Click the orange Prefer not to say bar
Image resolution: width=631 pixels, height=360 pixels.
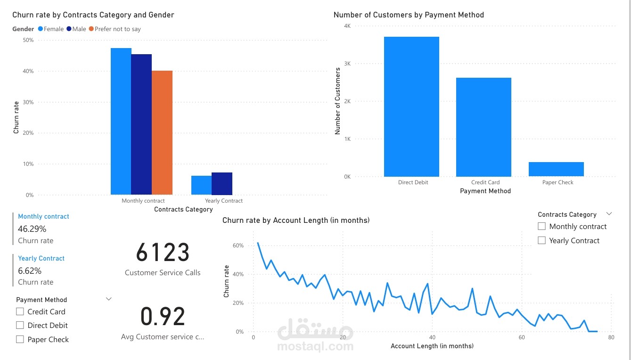click(162, 132)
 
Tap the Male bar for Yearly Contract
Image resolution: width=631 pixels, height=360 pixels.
click(221, 183)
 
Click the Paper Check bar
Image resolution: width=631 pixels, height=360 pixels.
click(556, 169)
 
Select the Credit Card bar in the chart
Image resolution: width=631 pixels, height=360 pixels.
click(483, 127)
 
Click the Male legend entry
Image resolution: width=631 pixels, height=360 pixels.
click(76, 29)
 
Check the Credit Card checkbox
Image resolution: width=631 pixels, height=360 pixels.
click(20, 311)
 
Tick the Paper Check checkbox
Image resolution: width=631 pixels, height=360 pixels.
click(20, 339)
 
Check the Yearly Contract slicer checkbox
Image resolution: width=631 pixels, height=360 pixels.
click(541, 240)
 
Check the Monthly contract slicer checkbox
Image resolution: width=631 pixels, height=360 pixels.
click(541, 227)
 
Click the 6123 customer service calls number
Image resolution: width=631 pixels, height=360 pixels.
click(163, 253)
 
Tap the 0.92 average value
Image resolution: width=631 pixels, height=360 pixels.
click(163, 317)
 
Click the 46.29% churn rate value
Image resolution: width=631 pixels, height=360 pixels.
click(32, 229)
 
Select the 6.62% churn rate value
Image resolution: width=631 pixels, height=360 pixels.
click(30, 271)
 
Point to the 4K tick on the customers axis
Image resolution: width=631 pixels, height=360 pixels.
click(347, 26)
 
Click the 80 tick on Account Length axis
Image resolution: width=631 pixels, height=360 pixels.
click(611, 337)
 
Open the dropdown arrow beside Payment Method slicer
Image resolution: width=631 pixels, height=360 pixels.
click(109, 299)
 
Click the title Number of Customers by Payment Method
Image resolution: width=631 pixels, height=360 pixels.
click(409, 15)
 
